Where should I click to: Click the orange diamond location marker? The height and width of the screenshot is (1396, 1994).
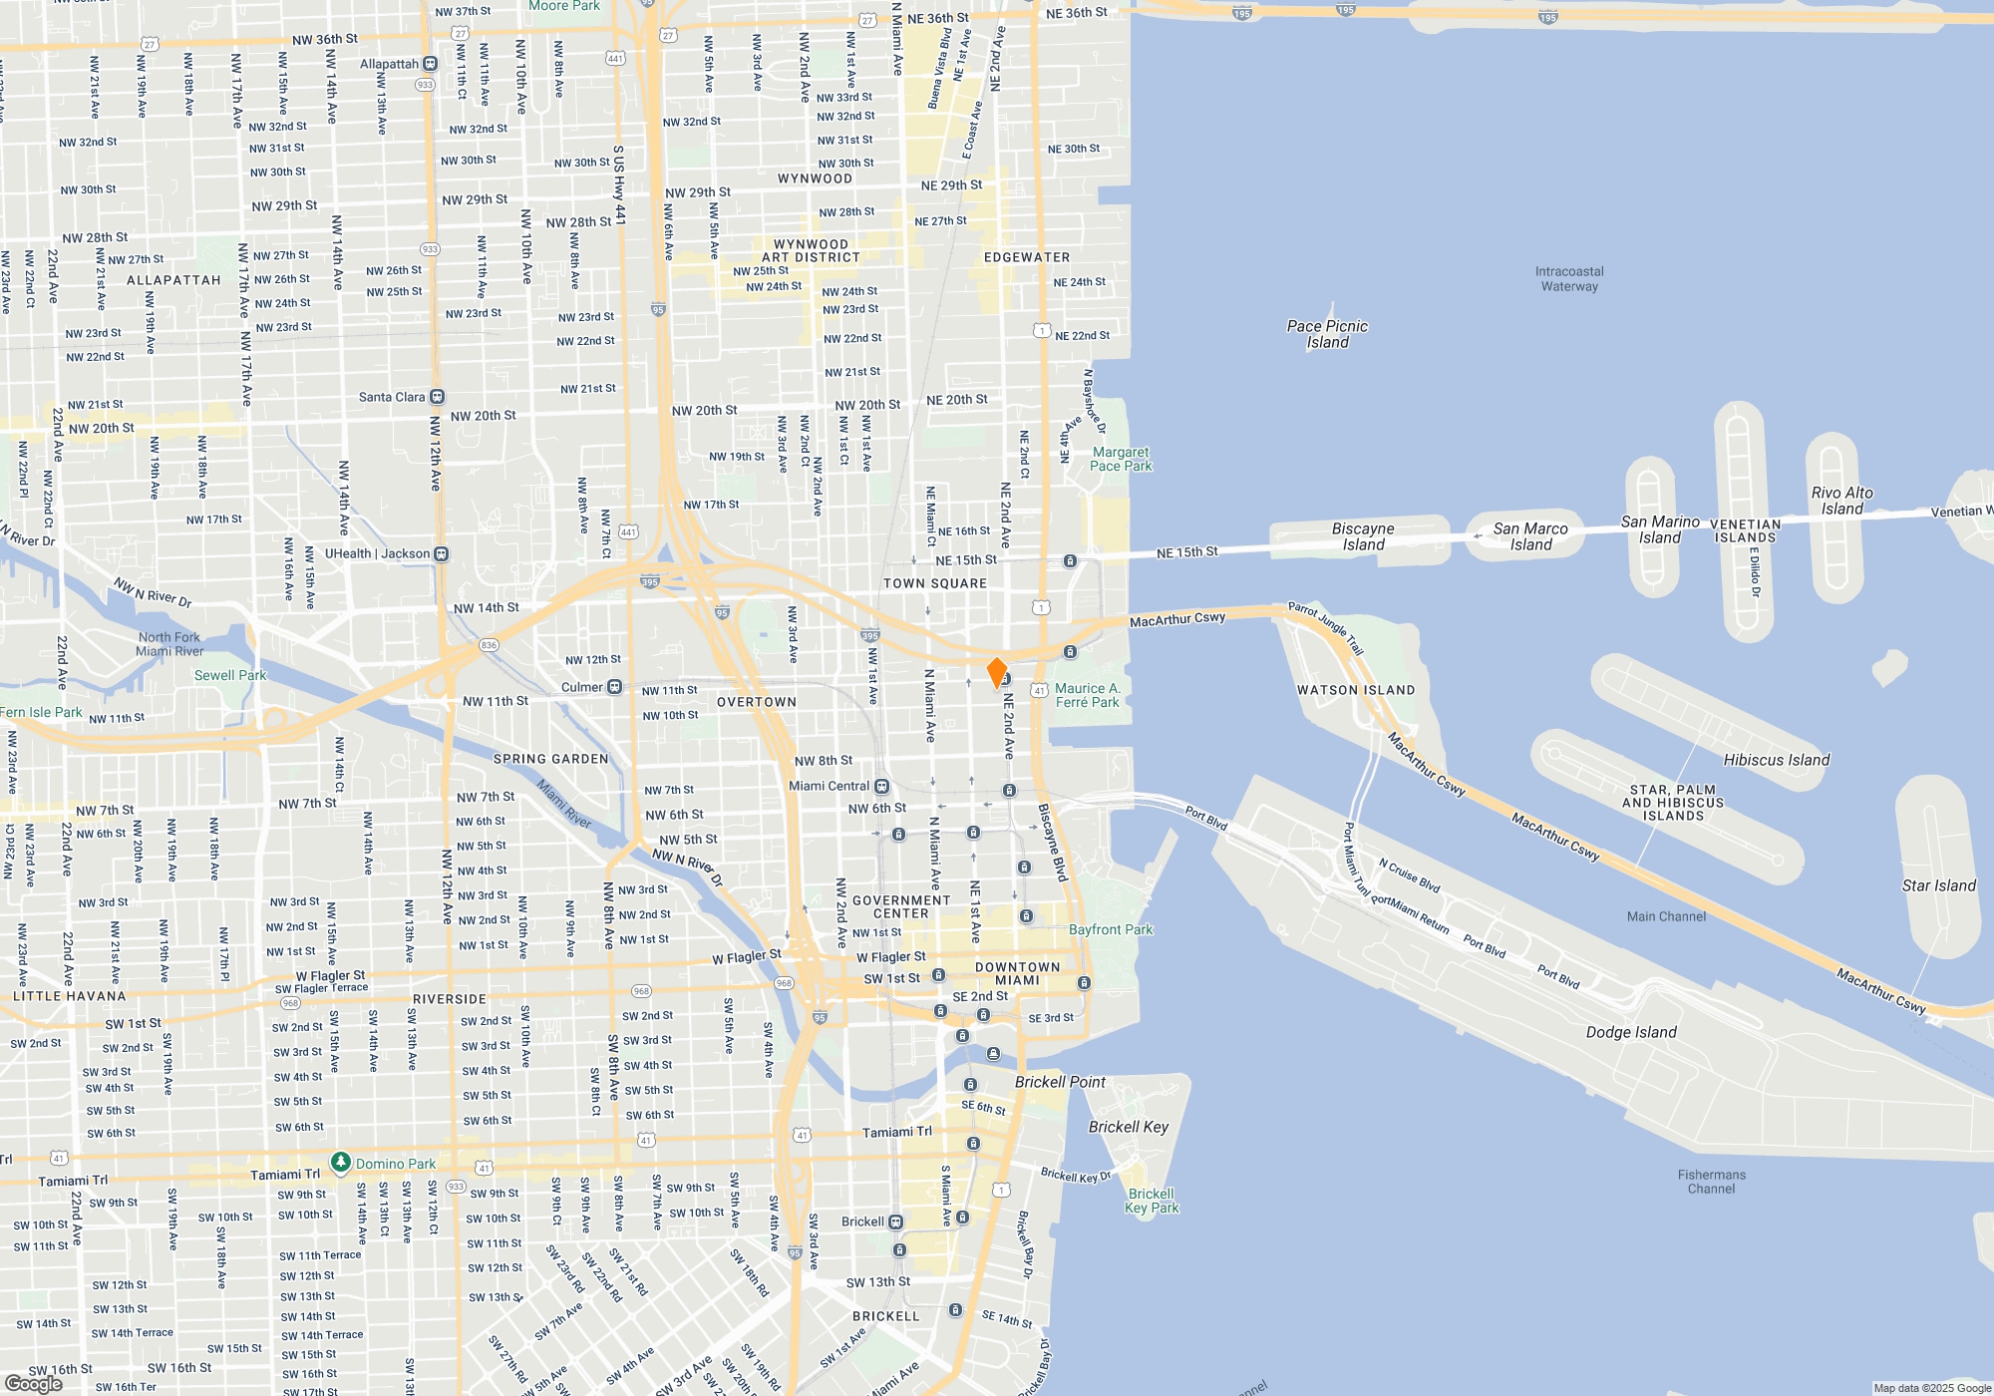click(996, 672)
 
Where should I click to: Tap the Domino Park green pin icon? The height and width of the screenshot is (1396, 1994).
click(341, 1163)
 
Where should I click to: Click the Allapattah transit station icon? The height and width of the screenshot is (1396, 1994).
click(431, 64)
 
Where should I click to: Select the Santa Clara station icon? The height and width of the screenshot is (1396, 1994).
click(437, 397)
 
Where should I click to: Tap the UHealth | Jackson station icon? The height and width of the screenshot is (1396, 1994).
click(442, 553)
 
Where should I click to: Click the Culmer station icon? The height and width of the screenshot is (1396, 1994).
click(615, 687)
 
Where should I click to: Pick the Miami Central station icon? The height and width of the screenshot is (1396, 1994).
click(881, 786)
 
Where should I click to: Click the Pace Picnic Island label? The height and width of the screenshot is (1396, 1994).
click(1327, 334)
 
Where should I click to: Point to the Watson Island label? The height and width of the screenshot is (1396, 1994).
click(1355, 690)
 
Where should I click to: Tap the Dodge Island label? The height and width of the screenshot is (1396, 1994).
click(1631, 1032)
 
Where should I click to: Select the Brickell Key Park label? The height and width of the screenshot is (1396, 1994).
click(1152, 1201)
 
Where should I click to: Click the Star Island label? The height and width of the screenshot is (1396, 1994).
click(1938, 885)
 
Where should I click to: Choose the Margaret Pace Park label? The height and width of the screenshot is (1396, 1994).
click(1121, 459)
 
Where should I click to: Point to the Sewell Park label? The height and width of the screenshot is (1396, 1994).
click(230, 675)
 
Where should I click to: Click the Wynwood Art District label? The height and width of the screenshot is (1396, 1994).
click(811, 250)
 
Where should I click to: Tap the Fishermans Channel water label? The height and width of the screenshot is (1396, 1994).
click(1711, 1182)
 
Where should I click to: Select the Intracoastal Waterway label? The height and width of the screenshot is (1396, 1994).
click(1569, 279)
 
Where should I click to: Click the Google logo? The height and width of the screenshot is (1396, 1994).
click(34, 1383)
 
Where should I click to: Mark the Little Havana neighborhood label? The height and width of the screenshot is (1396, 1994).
click(70, 996)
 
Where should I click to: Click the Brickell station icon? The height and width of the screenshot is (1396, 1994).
click(895, 1221)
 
